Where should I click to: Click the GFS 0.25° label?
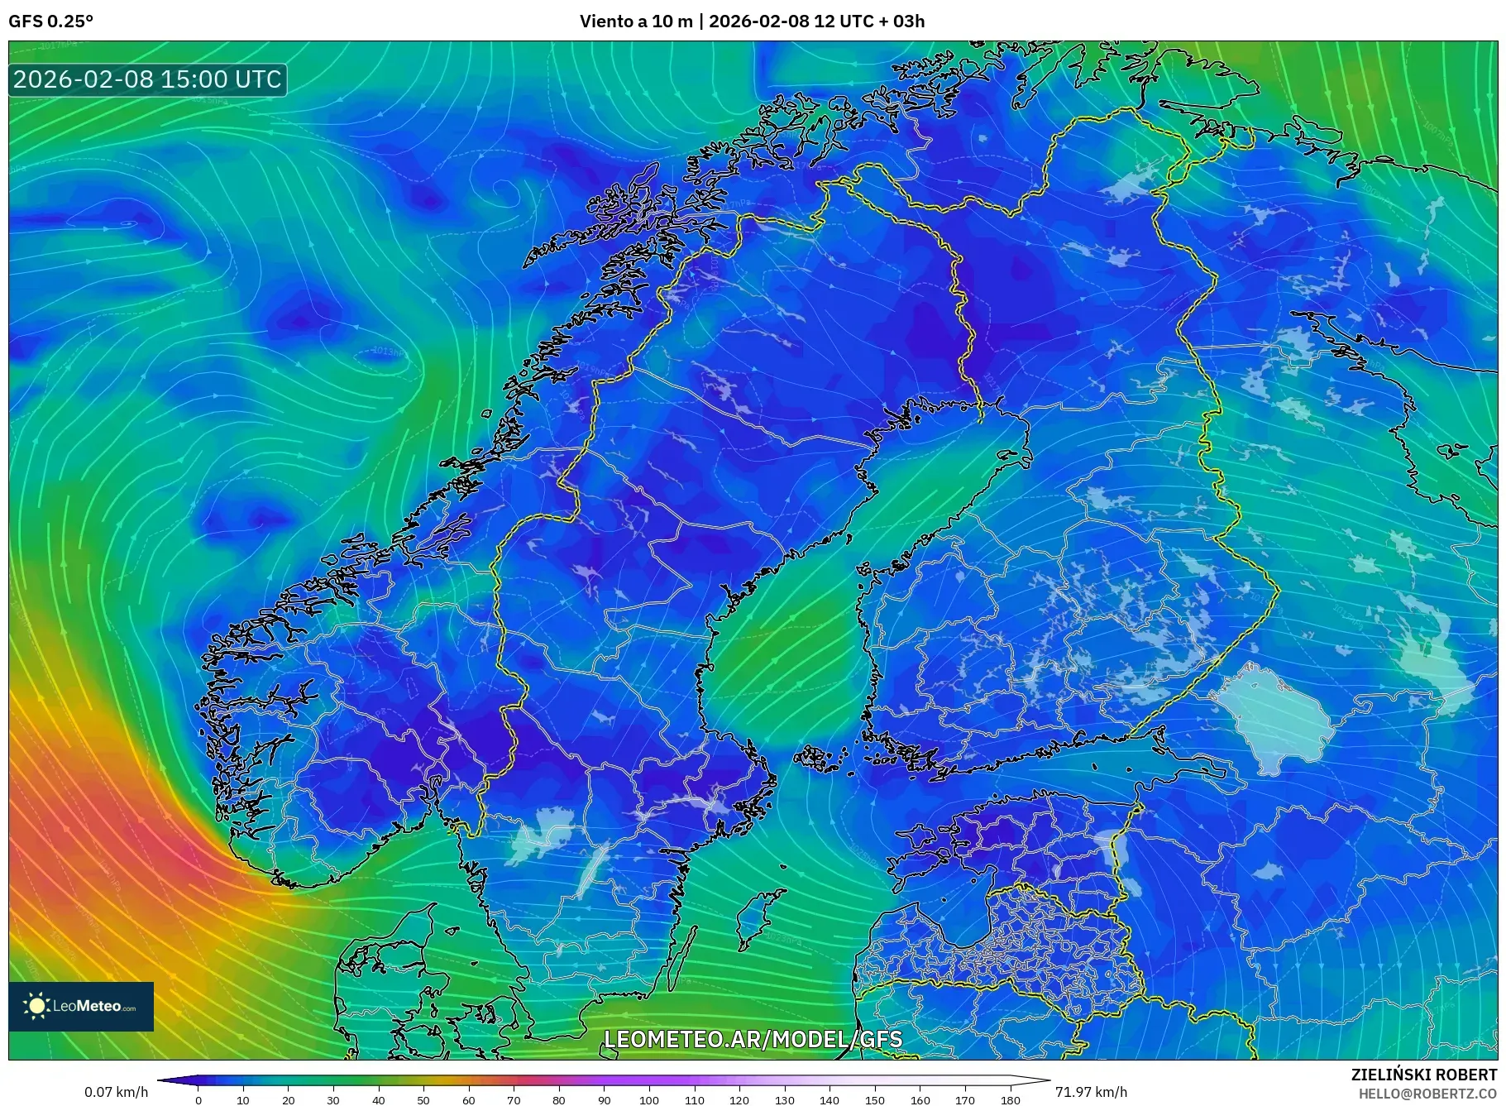(x=50, y=22)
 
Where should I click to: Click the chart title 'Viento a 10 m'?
(x=635, y=22)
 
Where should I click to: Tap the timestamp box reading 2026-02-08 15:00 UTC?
(x=148, y=79)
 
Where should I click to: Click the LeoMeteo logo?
(x=81, y=1006)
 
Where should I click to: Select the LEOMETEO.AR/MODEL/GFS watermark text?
(x=753, y=1039)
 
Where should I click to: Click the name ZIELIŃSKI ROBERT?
(x=1423, y=1075)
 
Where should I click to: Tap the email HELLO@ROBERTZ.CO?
(x=1427, y=1094)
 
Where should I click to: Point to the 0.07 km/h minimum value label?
(x=116, y=1092)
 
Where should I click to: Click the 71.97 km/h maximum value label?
(x=1090, y=1092)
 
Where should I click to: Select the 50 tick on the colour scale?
(x=423, y=1100)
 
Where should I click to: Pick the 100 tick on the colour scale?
(x=649, y=1100)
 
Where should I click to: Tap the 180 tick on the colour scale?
(x=1010, y=1100)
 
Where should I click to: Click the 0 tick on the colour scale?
(x=198, y=1100)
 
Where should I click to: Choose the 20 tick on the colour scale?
(x=288, y=1100)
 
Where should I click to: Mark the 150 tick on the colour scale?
(x=875, y=1100)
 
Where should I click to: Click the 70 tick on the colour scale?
(x=514, y=1100)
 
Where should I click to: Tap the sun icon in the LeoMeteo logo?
(x=36, y=1006)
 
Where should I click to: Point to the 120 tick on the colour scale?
(x=739, y=1100)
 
